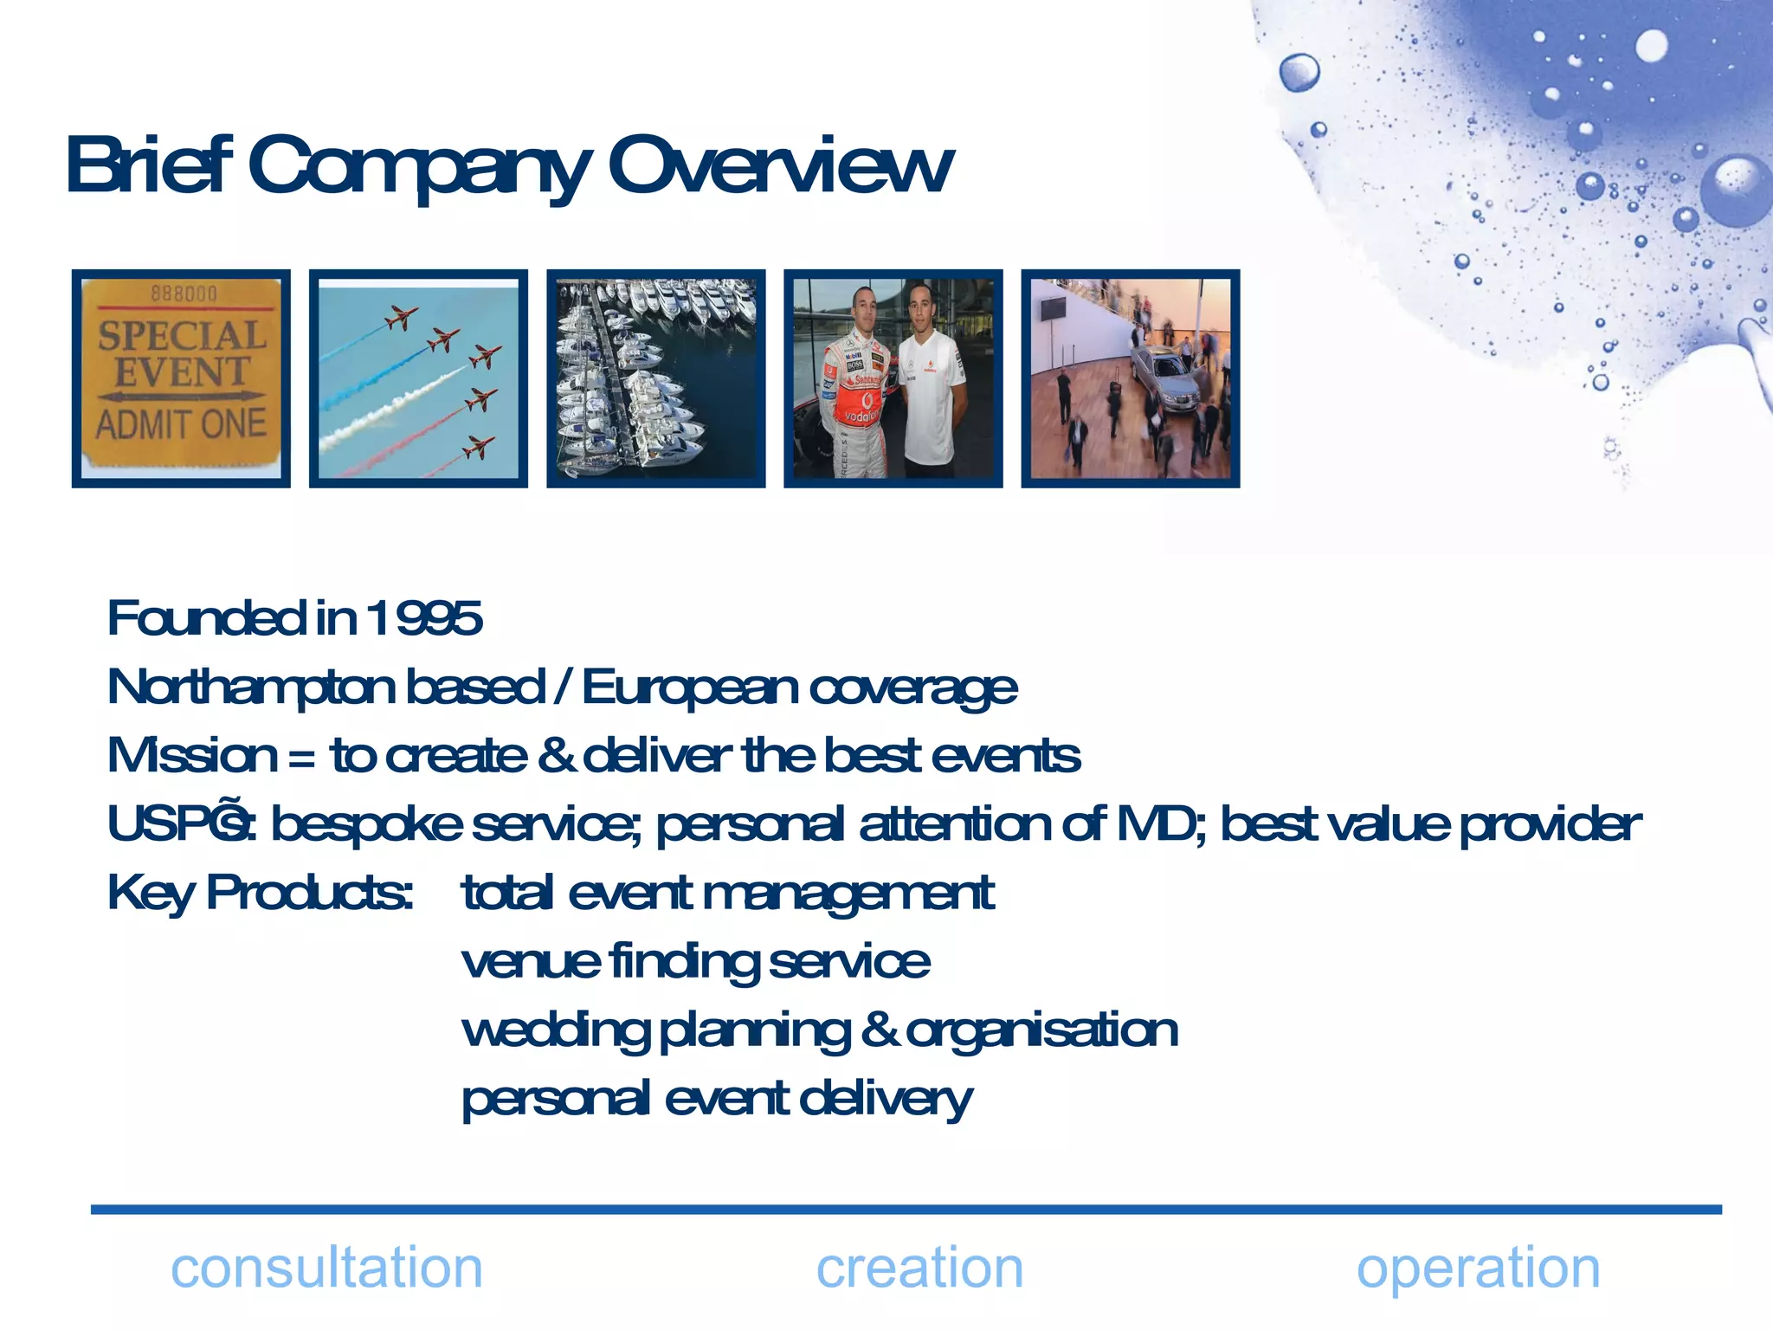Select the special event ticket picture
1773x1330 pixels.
181,378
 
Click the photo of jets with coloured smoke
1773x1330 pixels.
418,378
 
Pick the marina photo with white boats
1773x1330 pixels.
655,378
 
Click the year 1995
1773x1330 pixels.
424,618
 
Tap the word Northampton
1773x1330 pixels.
252,688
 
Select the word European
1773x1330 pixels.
689,688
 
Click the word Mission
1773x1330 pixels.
192,755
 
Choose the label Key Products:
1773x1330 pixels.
260,893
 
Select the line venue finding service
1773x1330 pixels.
695,962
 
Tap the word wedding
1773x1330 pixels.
555,1031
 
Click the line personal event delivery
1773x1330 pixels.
716,1100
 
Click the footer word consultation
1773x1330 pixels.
326,1269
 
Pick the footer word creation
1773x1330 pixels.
919,1269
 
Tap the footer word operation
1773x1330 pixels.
1478,1269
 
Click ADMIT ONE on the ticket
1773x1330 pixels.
181,424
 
